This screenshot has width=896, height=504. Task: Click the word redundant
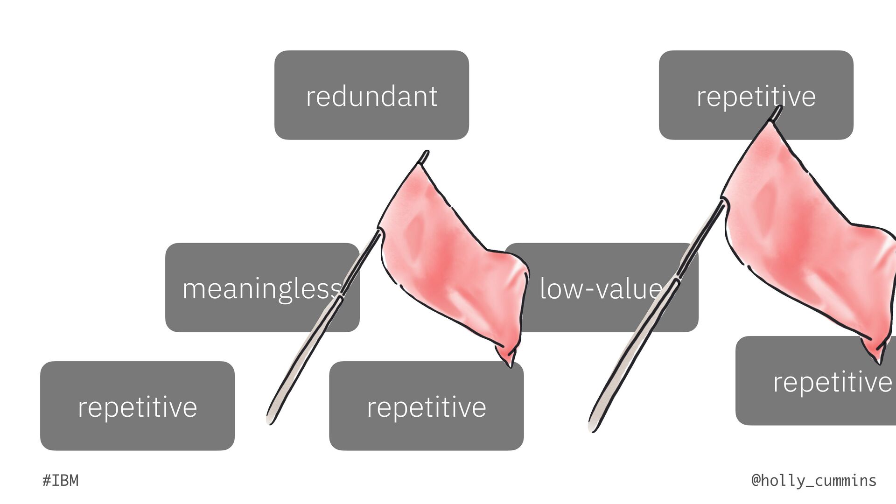click(371, 96)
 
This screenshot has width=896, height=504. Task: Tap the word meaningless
click(262, 289)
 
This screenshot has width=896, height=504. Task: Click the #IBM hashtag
click(60, 480)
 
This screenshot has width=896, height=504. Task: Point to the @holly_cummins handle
click(814, 480)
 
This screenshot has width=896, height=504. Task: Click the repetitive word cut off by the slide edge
click(832, 382)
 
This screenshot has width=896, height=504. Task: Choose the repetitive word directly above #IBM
click(137, 407)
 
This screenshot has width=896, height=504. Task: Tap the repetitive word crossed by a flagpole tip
click(756, 96)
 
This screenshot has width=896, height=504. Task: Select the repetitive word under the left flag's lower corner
click(426, 407)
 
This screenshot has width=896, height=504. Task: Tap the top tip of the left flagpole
click(426, 152)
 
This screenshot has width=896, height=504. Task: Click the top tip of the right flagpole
click(779, 108)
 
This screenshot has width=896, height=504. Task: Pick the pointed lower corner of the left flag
click(510, 365)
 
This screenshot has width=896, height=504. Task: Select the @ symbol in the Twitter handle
click(756, 480)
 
